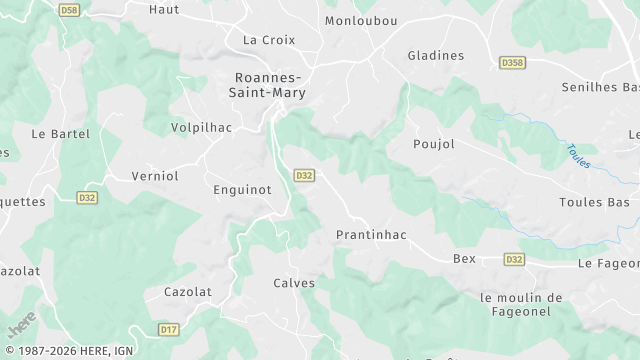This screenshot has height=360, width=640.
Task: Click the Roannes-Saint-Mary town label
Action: pyautogui.click(x=270, y=84)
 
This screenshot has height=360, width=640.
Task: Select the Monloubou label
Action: pyautogui.click(x=361, y=20)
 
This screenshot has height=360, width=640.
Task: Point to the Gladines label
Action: pyautogui.click(x=436, y=56)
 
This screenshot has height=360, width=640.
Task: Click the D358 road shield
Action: pyautogui.click(x=512, y=62)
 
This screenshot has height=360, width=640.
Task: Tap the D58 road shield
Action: pyautogui.click(x=69, y=10)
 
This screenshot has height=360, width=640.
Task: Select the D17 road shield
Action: pyautogui.click(x=169, y=328)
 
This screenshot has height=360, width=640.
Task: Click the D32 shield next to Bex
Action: pyautogui.click(x=514, y=259)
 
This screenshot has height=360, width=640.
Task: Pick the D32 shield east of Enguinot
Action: pyautogui.click(x=305, y=175)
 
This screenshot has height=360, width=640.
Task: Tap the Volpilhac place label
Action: pyautogui.click(x=203, y=128)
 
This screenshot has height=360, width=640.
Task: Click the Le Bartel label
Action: pyautogui.click(x=61, y=133)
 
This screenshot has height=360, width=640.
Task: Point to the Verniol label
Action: pyautogui.click(x=155, y=176)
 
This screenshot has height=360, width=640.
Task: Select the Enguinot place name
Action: pyautogui.click(x=243, y=188)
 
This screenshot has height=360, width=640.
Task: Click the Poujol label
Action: pyautogui.click(x=434, y=144)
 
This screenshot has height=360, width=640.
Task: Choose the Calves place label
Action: pyautogui.click(x=294, y=283)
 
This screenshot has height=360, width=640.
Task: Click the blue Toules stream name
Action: pyautogui.click(x=578, y=156)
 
